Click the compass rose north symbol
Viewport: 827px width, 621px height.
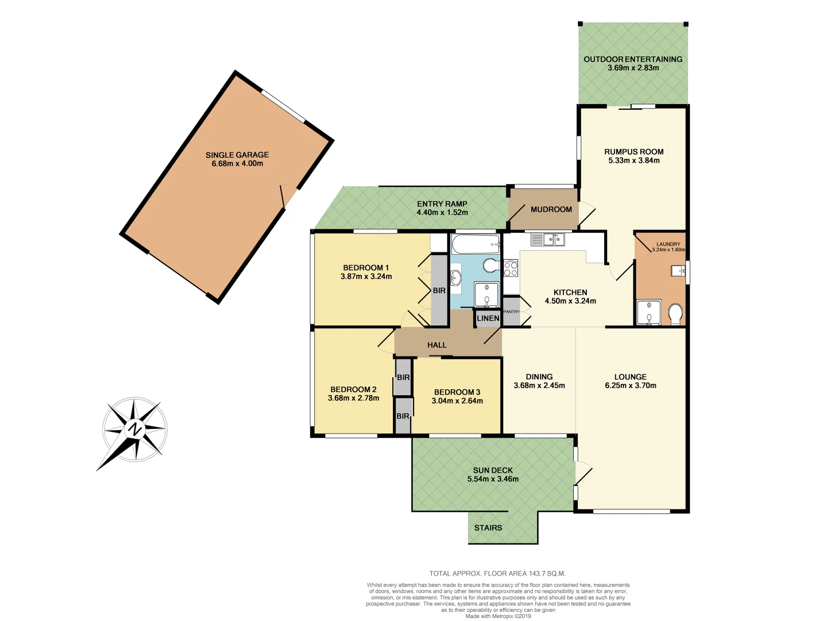(x=134, y=429)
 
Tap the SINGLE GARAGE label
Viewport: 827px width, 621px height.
(x=237, y=155)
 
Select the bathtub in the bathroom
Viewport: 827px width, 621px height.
(x=476, y=245)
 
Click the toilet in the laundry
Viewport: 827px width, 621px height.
(x=675, y=314)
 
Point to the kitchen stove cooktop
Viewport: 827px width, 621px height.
(x=511, y=269)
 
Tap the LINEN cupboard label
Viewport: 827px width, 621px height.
(x=488, y=318)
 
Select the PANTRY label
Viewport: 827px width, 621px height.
(x=511, y=312)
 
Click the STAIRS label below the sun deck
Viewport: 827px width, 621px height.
(x=488, y=528)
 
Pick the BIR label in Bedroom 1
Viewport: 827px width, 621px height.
(x=439, y=290)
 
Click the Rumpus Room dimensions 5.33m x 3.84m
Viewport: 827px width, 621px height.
(x=634, y=160)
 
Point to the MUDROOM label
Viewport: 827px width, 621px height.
(x=551, y=209)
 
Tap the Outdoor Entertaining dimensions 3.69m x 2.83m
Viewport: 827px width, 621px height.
(x=633, y=68)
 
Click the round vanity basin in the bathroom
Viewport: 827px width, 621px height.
(x=455, y=278)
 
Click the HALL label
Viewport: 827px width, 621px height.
(x=437, y=345)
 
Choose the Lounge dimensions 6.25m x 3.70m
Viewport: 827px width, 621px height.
(x=631, y=386)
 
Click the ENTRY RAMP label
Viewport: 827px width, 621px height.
(x=442, y=204)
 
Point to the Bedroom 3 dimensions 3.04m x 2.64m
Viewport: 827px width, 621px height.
(x=457, y=401)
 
